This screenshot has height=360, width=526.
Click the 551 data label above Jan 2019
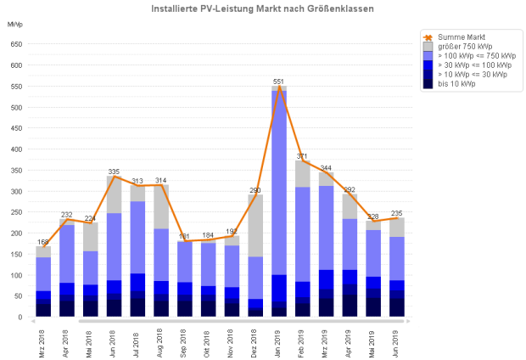click(x=278, y=82)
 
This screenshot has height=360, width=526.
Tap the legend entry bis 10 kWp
click(x=456, y=83)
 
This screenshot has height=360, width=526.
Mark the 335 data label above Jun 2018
click(x=114, y=172)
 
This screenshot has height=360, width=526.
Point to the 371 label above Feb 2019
click(x=302, y=157)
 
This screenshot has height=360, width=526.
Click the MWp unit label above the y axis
click(x=14, y=24)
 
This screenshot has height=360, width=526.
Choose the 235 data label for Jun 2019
click(x=397, y=214)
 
